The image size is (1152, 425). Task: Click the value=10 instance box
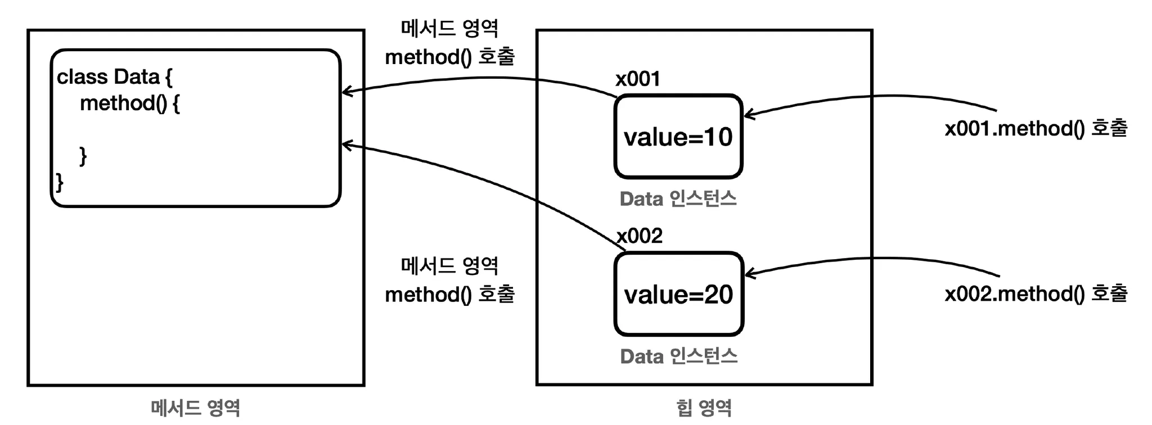678,137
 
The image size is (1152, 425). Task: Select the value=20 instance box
678,294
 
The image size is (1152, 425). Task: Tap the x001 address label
638,79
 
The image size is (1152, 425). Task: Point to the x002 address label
640,236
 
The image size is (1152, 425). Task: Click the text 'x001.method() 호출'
1036,129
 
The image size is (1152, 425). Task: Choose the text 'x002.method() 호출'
1036,293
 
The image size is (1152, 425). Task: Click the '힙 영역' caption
704,408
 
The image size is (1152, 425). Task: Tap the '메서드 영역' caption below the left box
195,408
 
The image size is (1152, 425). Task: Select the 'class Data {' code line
114,77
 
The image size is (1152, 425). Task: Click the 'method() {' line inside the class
130,103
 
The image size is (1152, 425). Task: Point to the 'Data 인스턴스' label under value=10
678,198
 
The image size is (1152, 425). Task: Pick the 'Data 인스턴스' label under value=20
678,356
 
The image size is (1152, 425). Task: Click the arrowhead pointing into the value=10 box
749,115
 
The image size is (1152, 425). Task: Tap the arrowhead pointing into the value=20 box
749,274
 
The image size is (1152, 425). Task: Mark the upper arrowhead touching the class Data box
346,91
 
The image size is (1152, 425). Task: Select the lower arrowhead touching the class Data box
346,145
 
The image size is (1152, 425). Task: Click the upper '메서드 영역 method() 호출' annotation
449,43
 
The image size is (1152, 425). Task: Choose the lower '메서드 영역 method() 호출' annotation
449,280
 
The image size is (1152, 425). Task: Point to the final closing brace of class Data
60,182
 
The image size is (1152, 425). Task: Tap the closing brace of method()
83,156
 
